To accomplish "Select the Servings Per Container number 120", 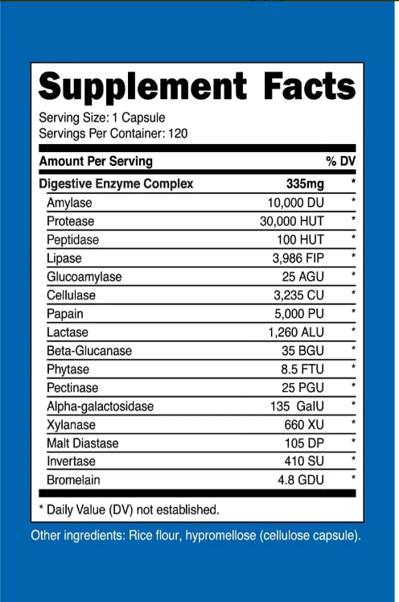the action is (x=177, y=133).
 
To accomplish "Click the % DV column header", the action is (x=340, y=162).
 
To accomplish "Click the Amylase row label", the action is (x=70, y=202).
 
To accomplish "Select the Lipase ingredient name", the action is (x=64, y=258).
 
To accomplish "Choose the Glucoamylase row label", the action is (x=84, y=276).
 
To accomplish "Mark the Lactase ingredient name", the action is (x=68, y=332).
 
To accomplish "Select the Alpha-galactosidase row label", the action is (x=100, y=406).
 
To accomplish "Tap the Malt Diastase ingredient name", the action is (x=83, y=443).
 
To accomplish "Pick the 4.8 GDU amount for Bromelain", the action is (x=299, y=480).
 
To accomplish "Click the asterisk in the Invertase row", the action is (x=352, y=460).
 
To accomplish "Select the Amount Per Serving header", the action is (x=96, y=162).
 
